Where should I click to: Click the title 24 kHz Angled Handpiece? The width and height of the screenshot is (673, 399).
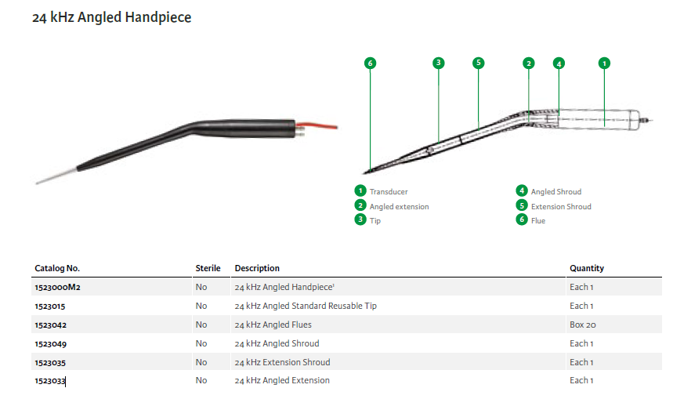[111, 16]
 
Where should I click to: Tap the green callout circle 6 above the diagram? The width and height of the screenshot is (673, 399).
[371, 63]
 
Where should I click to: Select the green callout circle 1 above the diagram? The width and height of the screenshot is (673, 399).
[604, 63]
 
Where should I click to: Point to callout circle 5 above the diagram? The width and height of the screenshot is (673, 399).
[479, 63]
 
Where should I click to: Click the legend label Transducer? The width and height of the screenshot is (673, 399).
[389, 191]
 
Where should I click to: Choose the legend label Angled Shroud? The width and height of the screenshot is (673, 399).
[556, 191]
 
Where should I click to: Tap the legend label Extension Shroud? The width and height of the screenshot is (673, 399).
[561, 206]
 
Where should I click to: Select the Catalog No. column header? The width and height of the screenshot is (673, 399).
[57, 268]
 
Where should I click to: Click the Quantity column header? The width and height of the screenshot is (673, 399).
[587, 268]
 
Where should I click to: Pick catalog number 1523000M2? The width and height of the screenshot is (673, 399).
[58, 287]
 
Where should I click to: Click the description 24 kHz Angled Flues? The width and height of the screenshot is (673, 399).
[273, 325]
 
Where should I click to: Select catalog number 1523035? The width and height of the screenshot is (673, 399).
[50, 362]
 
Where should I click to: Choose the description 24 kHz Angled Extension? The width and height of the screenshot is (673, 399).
[282, 380]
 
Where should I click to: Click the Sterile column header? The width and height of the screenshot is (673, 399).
[208, 268]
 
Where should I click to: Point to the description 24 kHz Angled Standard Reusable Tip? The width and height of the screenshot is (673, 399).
[306, 306]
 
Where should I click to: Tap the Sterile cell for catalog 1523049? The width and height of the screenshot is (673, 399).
[201, 343]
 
